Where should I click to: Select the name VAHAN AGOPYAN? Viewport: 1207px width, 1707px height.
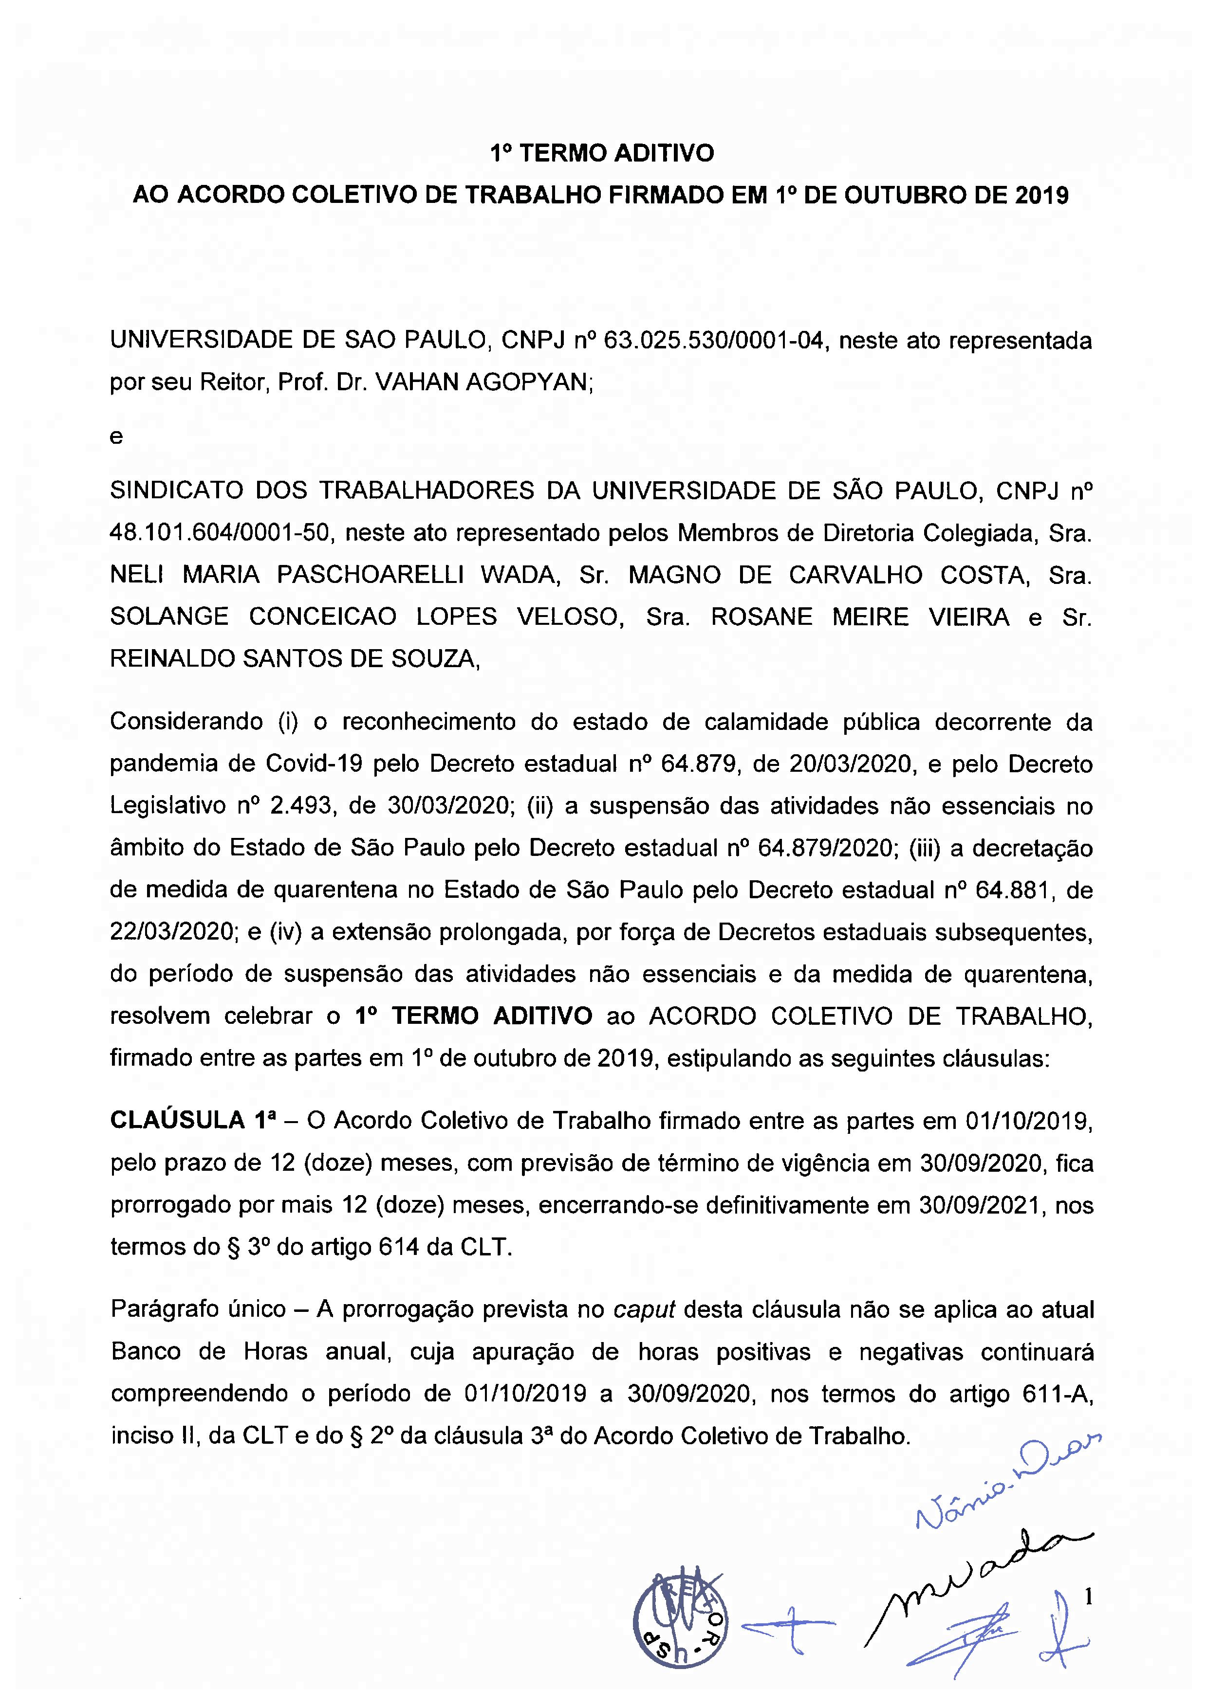point(482,382)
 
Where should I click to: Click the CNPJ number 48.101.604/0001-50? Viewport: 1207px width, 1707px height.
point(220,533)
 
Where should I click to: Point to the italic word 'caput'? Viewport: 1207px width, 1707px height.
point(644,1309)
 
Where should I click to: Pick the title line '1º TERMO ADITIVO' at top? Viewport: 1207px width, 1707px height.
point(602,153)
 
